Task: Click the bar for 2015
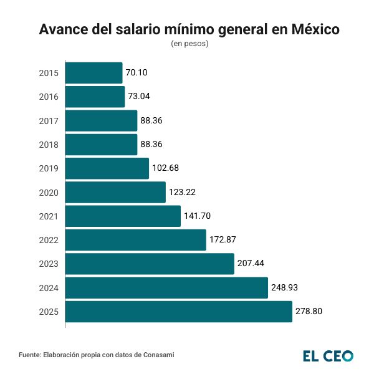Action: tap(93, 73)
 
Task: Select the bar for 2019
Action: tap(107, 168)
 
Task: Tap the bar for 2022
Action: tap(135, 240)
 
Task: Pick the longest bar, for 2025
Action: tap(178, 312)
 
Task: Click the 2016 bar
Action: tap(95, 97)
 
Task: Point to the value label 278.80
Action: tap(309, 312)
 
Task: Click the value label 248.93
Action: tap(285, 288)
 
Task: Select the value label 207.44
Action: tap(251, 264)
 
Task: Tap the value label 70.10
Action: tap(137, 73)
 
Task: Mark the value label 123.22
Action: tap(183, 192)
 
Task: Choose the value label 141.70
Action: tap(198, 216)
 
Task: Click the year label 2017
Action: tap(49, 121)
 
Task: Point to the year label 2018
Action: tap(49, 145)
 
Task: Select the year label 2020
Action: tap(49, 193)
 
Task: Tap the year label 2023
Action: tap(49, 264)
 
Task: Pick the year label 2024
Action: tap(49, 288)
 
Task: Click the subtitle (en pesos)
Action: tap(189, 44)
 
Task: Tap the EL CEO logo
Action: tap(328, 356)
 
